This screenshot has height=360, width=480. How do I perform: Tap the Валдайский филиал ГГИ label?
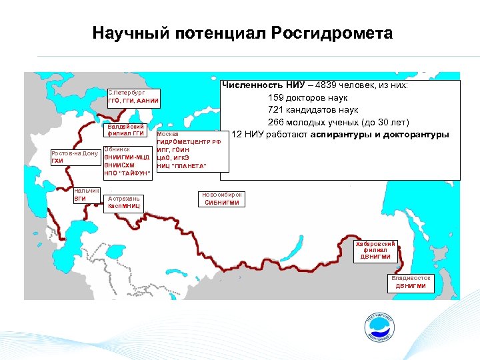coord(126,130)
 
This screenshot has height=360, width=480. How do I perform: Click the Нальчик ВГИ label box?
coord(87,194)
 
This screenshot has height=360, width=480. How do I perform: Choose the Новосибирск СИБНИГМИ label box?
coord(222,199)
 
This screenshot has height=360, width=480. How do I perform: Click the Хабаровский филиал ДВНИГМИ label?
coord(376,250)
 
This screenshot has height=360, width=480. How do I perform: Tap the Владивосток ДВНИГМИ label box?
coord(411,282)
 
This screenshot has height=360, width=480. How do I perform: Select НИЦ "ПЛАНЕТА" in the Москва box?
coord(181,165)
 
